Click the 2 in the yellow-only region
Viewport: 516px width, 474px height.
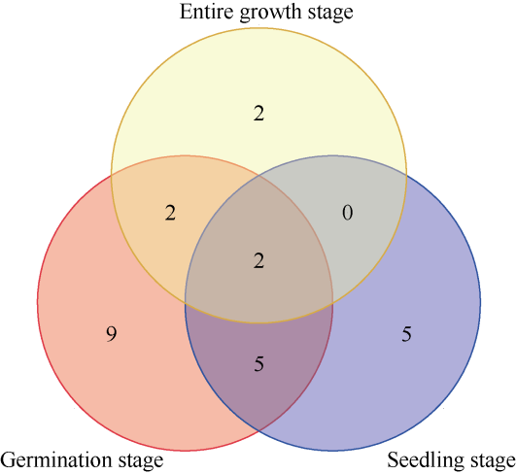(258, 114)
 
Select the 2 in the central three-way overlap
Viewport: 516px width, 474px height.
(258, 261)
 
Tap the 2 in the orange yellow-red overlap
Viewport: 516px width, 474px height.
(170, 213)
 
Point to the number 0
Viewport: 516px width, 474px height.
(348, 213)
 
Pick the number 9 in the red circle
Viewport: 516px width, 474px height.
(111, 334)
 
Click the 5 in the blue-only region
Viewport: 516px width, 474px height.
(406, 334)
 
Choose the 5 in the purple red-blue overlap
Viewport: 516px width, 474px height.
(259, 364)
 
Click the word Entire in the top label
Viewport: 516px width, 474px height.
(207, 12)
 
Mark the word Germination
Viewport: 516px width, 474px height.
(56, 459)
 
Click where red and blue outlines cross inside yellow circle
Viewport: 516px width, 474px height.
(259, 176)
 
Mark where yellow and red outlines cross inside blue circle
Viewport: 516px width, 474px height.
(332, 301)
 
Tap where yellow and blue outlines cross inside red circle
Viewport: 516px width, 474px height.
(186, 301)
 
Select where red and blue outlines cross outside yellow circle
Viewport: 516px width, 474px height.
(259, 430)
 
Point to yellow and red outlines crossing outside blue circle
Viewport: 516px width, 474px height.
(111, 176)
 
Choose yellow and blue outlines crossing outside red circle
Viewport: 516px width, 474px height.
(406, 176)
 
